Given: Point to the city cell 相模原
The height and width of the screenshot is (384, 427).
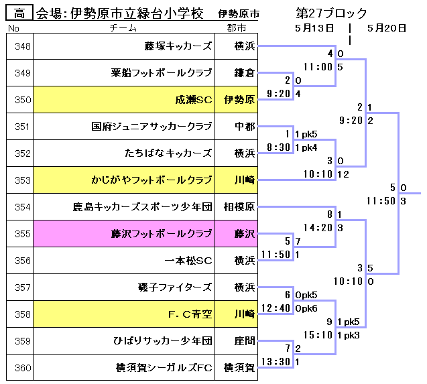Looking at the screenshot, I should click(x=239, y=207).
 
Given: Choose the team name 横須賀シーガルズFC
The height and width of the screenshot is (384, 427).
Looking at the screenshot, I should click(x=164, y=367).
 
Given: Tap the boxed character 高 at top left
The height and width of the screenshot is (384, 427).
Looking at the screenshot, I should click(x=18, y=13).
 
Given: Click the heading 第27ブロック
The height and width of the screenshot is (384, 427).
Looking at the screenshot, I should click(x=331, y=13).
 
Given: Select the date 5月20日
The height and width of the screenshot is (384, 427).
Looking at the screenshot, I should click(x=387, y=27).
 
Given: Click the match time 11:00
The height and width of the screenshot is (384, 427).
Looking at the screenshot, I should click(x=318, y=67).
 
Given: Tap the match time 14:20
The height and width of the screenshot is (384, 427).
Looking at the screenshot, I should click(x=318, y=228).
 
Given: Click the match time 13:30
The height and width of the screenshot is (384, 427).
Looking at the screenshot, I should click(x=276, y=362).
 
